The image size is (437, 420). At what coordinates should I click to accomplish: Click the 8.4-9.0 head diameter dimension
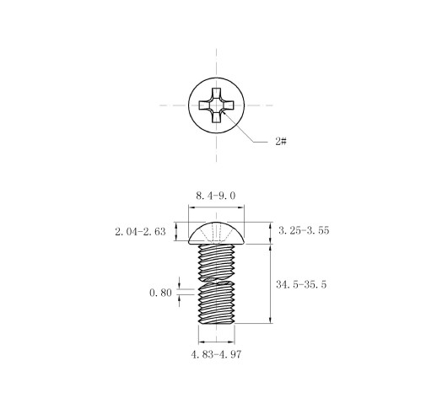[x=216, y=196]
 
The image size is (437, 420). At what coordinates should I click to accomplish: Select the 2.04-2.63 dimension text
[x=140, y=232]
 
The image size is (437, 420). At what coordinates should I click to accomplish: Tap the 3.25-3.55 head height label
[x=304, y=230]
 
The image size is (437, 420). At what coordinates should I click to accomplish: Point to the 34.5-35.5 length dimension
[x=301, y=284]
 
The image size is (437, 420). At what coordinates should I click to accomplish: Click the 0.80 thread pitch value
[x=160, y=293]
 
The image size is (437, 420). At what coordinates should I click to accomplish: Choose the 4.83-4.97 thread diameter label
[x=216, y=354]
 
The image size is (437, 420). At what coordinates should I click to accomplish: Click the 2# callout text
[x=281, y=141]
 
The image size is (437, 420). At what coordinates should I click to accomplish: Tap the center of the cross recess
[x=216, y=105]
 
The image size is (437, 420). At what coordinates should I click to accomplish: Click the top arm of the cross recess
[x=216, y=94]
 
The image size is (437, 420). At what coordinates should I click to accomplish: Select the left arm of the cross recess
[x=204, y=105]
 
